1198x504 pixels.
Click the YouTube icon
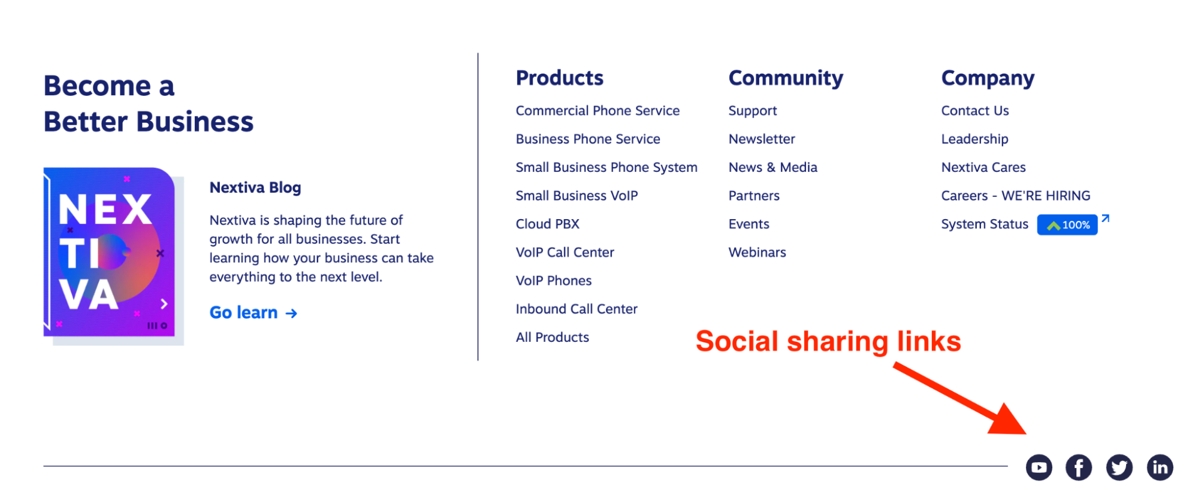pos(1039,467)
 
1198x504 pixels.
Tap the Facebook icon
pos(1079,467)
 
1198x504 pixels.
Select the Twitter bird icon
pos(1119,467)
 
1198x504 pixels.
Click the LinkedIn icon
pos(1160,467)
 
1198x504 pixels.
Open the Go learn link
pos(253,312)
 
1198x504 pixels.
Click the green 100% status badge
pos(1067,224)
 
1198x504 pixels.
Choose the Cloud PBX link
pos(548,224)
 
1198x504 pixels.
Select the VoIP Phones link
pos(554,281)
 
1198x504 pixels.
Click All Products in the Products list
pos(553,338)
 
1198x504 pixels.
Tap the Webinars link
pos(758,253)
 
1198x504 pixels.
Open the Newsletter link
pos(762,139)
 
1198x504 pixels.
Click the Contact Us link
pos(975,111)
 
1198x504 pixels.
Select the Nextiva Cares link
pos(983,168)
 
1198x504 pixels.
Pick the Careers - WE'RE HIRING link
pos(1016,196)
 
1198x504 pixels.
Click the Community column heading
pos(786,78)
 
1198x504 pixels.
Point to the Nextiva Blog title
pos(255,188)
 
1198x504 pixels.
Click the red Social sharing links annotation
pos(828,342)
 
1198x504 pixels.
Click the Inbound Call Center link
pos(577,309)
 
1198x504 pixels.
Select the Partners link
pos(754,196)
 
